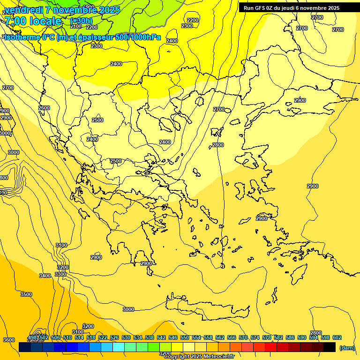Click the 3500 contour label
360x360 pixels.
(26, 294)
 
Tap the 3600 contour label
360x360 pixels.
(8, 340)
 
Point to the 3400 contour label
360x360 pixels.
(45, 276)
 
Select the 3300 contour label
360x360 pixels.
(60, 274)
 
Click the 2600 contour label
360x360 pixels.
(44, 108)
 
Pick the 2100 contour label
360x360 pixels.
(75, 27)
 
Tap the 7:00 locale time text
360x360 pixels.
(33, 21)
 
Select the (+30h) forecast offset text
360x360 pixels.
(81, 21)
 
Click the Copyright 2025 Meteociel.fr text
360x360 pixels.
(199, 357)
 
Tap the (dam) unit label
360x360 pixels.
(347, 348)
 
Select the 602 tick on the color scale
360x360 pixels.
(337, 337)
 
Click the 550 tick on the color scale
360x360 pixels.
(184, 337)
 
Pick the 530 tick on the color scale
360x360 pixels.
(126, 337)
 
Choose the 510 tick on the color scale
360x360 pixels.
(67, 337)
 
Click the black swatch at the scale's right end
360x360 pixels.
(329, 347)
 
